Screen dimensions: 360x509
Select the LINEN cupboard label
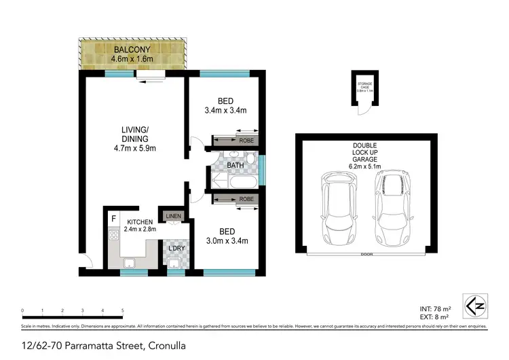(x=172, y=216)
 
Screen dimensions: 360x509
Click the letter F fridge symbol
(x=114, y=219)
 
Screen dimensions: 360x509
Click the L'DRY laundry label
(x=177, y=247)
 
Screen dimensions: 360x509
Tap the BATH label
(x=235, y=164)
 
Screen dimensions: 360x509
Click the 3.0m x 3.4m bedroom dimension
(x=226, y=240)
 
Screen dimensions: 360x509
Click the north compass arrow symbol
(x=474, y=305)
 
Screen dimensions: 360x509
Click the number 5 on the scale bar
(x=123, y=310)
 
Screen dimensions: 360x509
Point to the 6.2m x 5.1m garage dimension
(x=364, y=165)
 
